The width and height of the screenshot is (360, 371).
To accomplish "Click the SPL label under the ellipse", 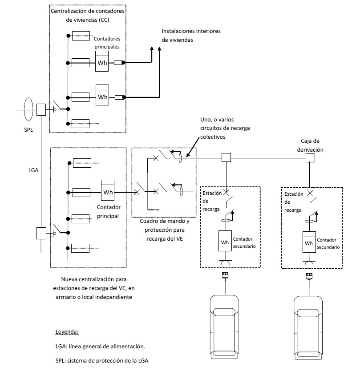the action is tap(28, 129).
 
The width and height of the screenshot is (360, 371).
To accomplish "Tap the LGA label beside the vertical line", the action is tap(33, 170).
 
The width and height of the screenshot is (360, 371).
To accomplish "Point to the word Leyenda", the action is tap(67, 332).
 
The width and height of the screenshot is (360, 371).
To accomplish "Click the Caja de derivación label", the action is tap(310, 145).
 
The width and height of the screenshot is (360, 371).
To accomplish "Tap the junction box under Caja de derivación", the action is tap(310, 158).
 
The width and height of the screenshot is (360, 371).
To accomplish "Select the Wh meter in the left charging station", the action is tap(225, 241).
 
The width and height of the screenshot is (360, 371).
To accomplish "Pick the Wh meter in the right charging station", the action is tap(309, 242).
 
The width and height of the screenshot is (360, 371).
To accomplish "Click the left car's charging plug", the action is tap(225, 276).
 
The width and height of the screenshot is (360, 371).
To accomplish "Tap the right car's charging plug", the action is tap(309, 276).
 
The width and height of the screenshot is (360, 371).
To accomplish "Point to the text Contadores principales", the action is tap(107, 43).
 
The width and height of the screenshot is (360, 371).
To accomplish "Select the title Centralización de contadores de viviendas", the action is tap(88, 16).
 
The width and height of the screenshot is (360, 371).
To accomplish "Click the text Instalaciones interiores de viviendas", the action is tap(191, 36).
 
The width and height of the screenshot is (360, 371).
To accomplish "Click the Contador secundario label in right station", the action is tap(328, 243).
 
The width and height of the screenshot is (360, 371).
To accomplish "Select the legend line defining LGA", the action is tap(100, 347).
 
